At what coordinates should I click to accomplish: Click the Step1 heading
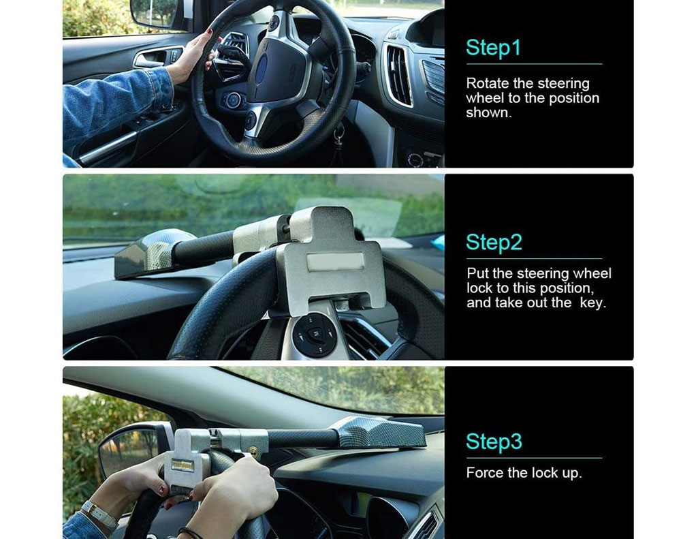point(493,48)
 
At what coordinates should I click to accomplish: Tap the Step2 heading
point(494,242)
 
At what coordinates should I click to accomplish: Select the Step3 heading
point(494,441)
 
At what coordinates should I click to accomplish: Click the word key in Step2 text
point(592,303)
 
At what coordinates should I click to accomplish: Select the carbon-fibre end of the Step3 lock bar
point(381,433)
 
